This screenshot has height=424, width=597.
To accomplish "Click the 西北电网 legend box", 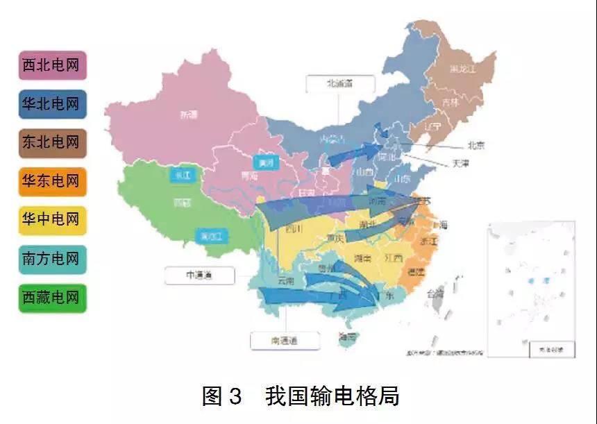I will click(x=52, y=65).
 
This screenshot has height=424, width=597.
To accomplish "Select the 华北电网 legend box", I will click(x=52, y=104).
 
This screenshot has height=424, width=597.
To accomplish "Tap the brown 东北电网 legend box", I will click(x=52, y=143).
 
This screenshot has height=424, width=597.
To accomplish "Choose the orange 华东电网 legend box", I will click(x=52, y=182).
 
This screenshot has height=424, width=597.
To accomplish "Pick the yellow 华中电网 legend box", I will click(x=52, y=221).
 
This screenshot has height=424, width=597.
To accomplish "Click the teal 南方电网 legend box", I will click(x=52, y=260).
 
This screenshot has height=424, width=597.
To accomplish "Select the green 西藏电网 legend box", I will click(x=52, y=298).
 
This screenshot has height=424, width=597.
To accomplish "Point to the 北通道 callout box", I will click(x=340, y=83).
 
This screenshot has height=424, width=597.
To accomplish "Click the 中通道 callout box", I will click(x=199, y=275).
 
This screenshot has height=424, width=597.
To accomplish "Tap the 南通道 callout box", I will click(x=285, y=341).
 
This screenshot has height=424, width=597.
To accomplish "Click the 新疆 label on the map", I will click(x=189, y=115).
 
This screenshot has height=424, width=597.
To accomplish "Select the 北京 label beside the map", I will click(x=476, y=146).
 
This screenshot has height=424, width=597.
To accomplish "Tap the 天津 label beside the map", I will click(x=461, y=164).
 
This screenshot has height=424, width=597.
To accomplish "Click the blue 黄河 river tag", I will click(x=264, y=164).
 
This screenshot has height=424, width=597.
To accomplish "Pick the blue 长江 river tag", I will click(x=183, y=176).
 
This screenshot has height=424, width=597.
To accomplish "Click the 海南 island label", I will click(x=346, y=338).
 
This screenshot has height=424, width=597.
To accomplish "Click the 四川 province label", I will click(x=292, y=229).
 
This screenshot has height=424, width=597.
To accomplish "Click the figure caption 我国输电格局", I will click(x=332, y=396).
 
